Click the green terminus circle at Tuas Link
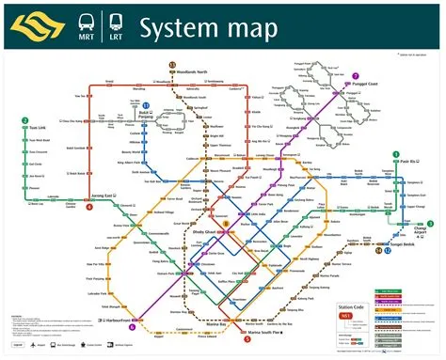click(x=24, y=121)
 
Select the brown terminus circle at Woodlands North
click(x=173, y=64)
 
